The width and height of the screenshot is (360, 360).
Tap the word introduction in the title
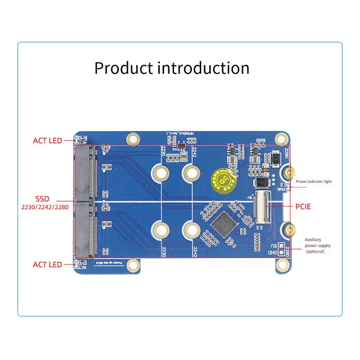tap(203, 68)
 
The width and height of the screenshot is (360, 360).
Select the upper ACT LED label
tap(47, 141)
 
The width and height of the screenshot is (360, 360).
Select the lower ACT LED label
tap(47, 265)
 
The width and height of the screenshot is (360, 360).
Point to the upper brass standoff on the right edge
tap(290, 173)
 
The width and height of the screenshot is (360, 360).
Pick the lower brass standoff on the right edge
tap(290, 230)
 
